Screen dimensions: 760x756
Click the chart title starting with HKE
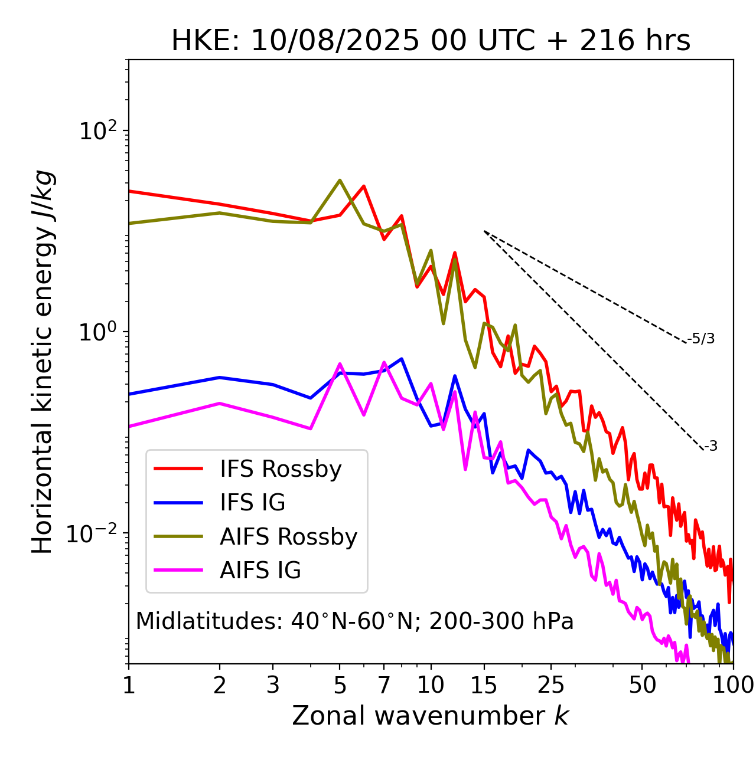(x=431, y=41)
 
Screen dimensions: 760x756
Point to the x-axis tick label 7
(x=384, y=685)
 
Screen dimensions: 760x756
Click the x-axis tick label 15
(x=484, y=685)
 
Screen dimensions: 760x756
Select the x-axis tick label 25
(x=551, y=685)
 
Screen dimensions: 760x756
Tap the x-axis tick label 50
(x=642, y=685)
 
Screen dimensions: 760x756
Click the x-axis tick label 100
(x=733, y=685)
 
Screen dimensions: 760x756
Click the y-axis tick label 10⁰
(x=97, y=332)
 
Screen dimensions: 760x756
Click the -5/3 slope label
(x=701, y=339)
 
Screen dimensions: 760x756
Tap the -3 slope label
(x=711, y=446)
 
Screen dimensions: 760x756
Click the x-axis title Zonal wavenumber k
(x=431, y=716)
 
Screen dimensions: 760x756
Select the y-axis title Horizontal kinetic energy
(x=43, y=362)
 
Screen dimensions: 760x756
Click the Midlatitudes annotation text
(x=354, y=621)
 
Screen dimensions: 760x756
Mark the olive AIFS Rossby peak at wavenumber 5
(x=340, y=180)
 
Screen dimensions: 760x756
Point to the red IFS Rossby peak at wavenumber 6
(x=364, y=186)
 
